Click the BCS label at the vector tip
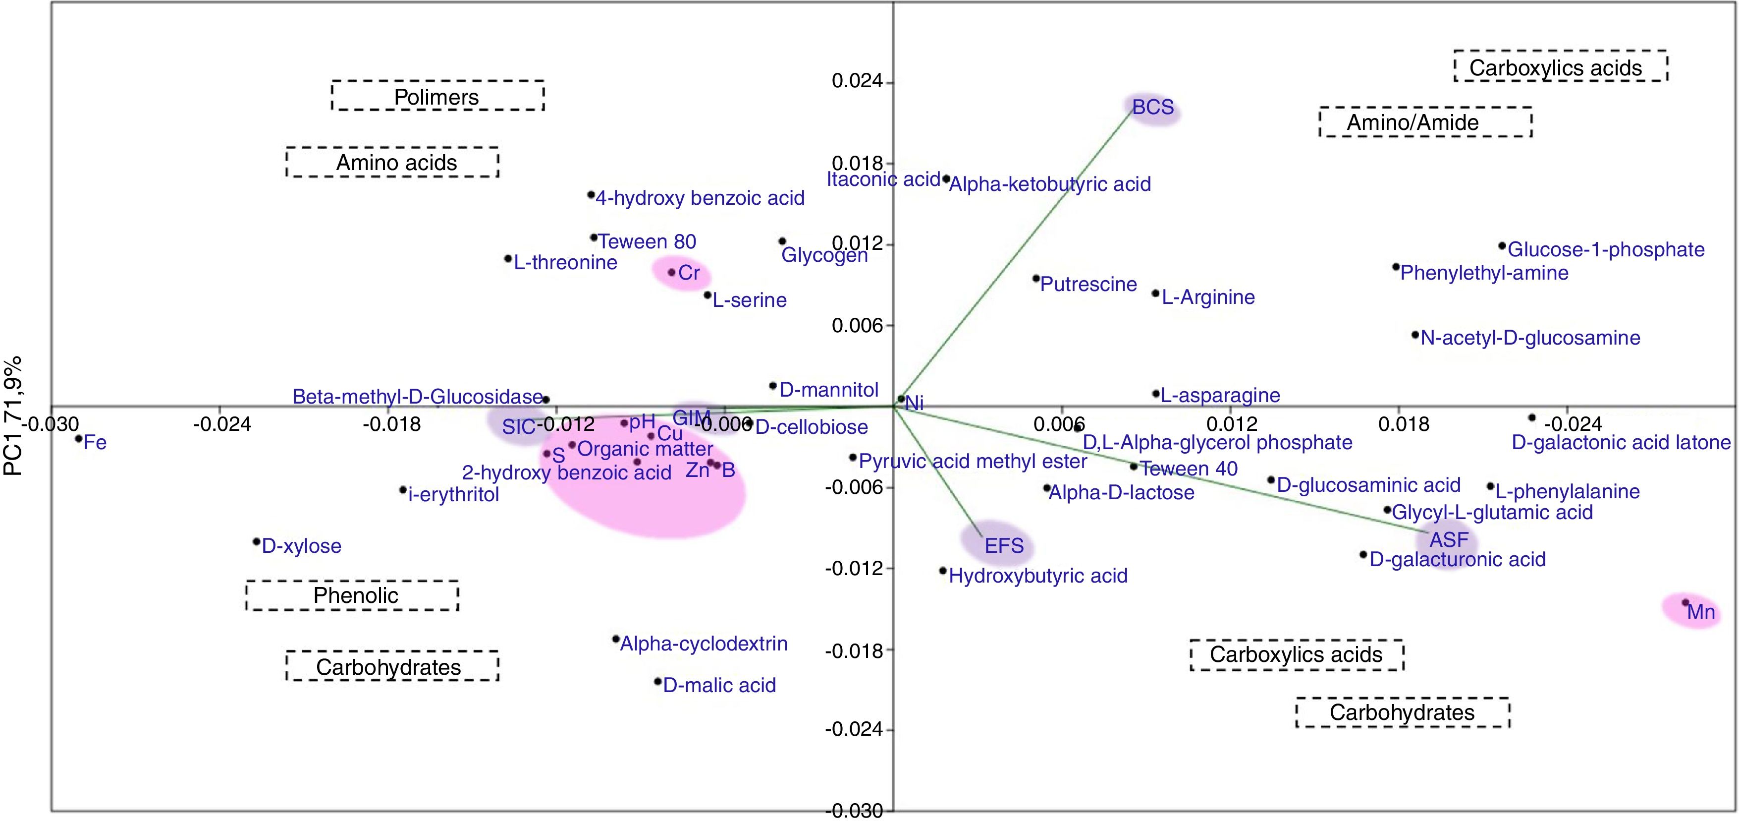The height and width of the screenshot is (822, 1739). point(1152,108)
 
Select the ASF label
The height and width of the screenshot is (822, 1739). point(1449,540)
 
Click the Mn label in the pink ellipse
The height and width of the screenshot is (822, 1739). point(1700,612)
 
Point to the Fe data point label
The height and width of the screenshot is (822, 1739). point(95,443)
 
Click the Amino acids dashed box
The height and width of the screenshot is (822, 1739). point(392,163)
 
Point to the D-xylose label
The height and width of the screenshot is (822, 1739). point(301,546)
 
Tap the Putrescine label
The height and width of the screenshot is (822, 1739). point(1088,285)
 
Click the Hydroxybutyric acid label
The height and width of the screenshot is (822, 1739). point(1037,576)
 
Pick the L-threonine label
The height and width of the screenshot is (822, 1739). point(565,263)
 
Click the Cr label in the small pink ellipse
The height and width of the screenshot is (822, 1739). point(689,273)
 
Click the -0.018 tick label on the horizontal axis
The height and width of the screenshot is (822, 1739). point(391,424)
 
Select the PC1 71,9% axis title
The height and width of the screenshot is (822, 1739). point(13,416)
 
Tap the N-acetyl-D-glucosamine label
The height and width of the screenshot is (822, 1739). point(1530,338)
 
